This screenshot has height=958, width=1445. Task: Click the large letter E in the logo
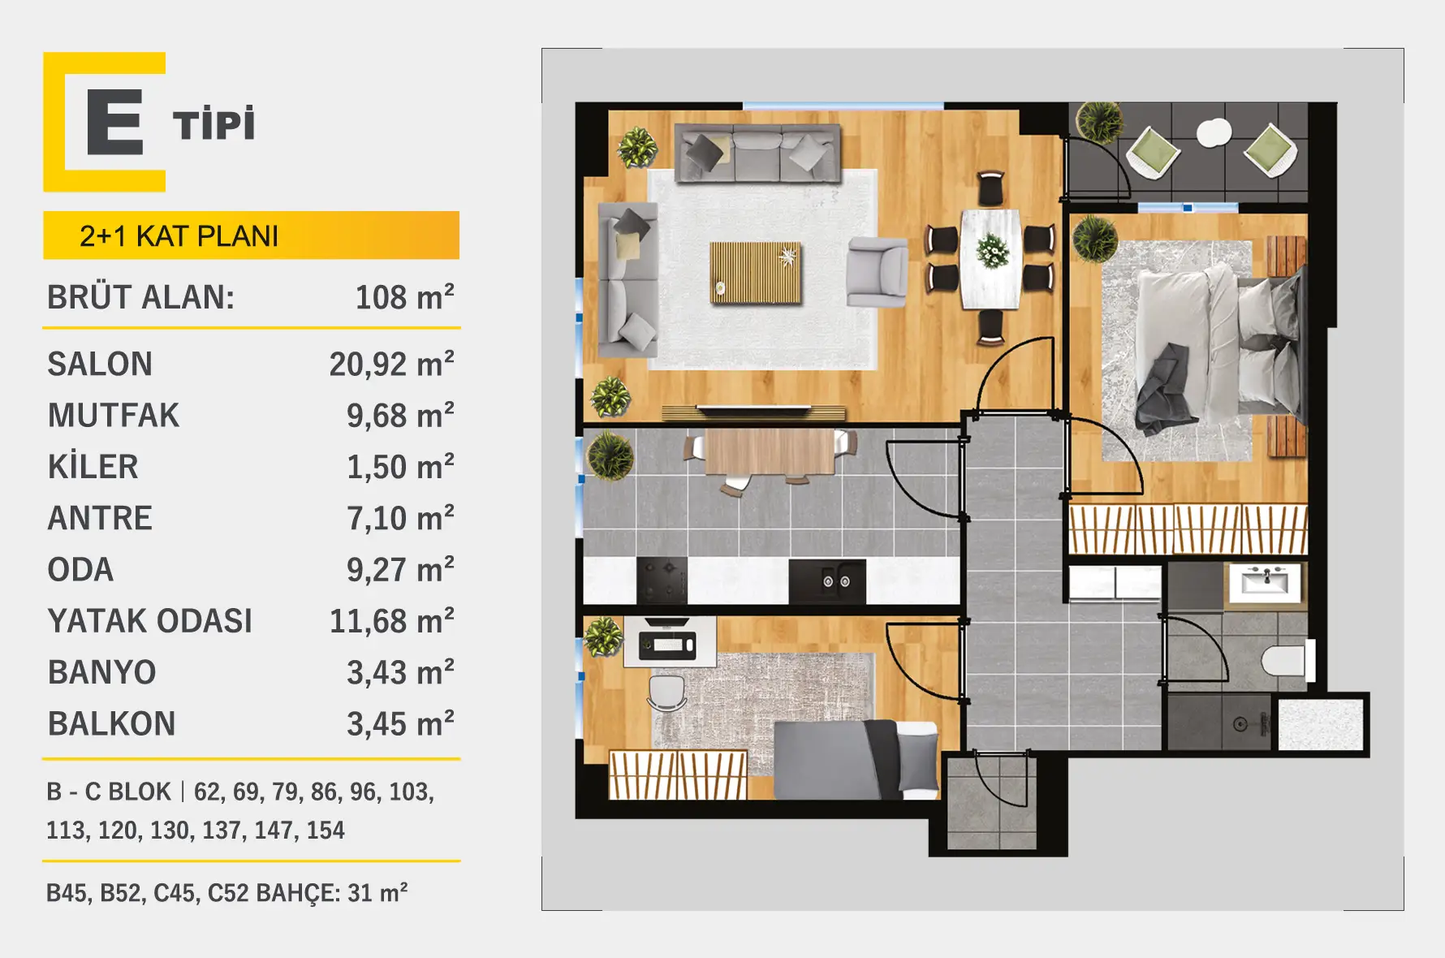coord(115,122)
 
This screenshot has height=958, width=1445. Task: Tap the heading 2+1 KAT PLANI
coord(179,236)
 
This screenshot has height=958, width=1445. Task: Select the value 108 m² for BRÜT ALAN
coord(404,297)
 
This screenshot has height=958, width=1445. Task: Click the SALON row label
coord(100,365)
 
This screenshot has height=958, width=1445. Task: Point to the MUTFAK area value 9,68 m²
coord(400,416)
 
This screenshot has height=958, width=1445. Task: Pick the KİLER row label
coord(93,467)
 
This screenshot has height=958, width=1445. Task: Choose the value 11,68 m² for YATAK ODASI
coord(391,621)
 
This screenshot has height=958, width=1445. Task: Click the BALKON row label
coord(112,724)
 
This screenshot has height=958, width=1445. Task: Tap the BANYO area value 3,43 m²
coord(400,673)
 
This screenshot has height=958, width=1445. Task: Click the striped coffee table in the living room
coord(756,273)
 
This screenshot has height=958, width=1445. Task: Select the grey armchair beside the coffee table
coord(877,272)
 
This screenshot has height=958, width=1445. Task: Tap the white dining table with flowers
coord(991,259)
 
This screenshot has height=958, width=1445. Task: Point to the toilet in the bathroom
coord(1288,661)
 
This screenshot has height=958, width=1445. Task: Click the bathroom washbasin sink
coord(1265,582)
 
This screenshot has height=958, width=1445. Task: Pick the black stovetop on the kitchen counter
coord(662,580)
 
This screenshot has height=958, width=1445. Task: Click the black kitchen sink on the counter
coord(827,581)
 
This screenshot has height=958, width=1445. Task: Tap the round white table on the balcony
coord(1214,132)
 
